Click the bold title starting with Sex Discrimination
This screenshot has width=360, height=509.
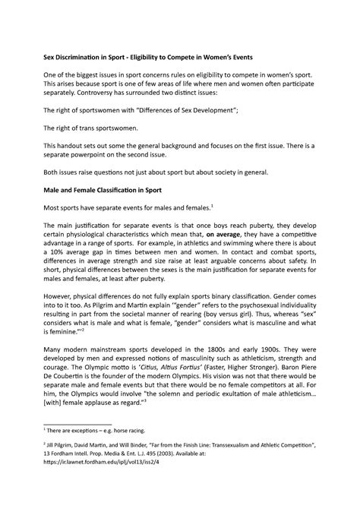(x=178, y=56)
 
